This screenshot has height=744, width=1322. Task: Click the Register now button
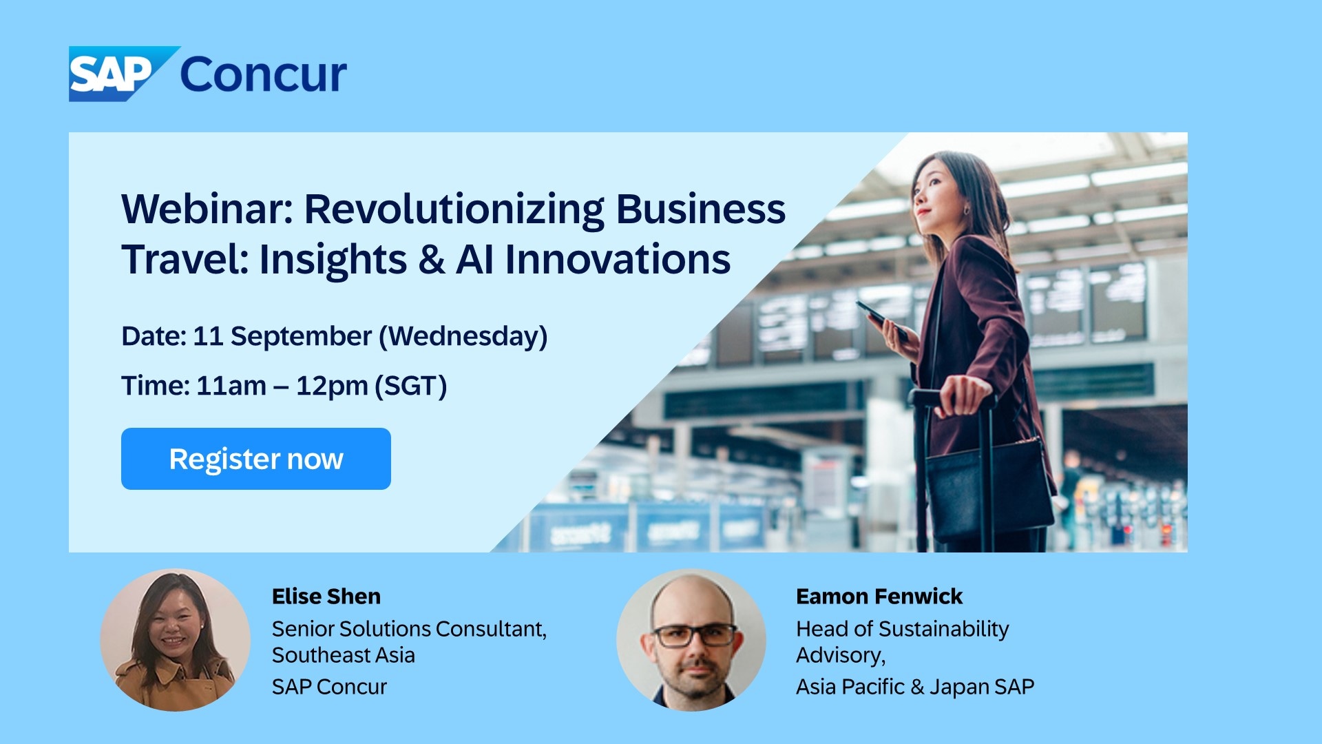click(x=255, y=459)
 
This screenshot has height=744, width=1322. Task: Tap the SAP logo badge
click(x=114, y=74)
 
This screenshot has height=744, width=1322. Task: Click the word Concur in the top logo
click(x=263, y=74)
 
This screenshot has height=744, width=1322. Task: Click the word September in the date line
click(x=301, y=336)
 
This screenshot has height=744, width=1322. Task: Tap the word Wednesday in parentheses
click(x=463, y=336)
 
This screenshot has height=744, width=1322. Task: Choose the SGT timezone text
click(x=411, y=386)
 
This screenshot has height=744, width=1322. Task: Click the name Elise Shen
click(x=326, y=596)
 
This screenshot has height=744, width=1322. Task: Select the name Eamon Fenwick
click(x=879, y=596)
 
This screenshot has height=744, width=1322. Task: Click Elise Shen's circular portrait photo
click(x=175, y=639)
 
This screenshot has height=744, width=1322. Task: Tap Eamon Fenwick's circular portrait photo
click(x=691, y=639)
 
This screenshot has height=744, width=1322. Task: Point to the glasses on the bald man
click(x=694, y=634)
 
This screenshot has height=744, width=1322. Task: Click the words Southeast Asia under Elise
click(x=343, y=655)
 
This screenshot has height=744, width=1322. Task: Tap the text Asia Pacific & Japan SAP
click(x=914, y=687)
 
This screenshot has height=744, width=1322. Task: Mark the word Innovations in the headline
click(x=618, y=260)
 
